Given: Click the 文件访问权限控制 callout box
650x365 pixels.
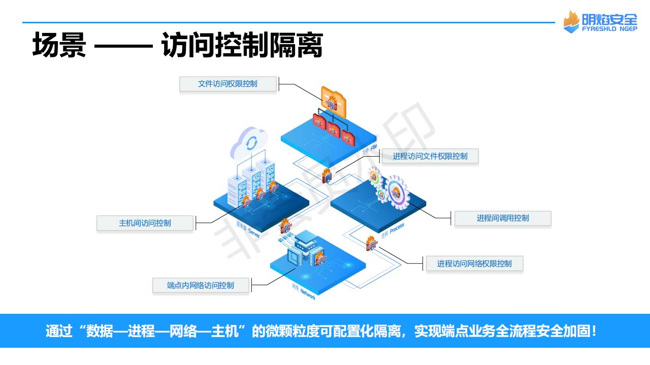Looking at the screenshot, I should tap(227, 84).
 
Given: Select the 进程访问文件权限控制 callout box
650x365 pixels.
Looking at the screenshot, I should tap(430, 156).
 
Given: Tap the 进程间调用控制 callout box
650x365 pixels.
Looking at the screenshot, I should tap(502, 218).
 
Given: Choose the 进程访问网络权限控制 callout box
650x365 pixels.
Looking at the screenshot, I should tap(474, 264).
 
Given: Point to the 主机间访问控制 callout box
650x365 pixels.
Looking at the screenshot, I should tap(145, 223).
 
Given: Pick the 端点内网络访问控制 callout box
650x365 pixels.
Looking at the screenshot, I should tap(201, 285).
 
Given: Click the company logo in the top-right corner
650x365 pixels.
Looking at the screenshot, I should tap(600, 21).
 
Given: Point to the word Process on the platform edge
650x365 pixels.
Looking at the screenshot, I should tap(397, 229).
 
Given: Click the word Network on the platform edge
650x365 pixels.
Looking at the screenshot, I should tap(308, 294).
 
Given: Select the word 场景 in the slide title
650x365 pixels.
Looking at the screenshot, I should tap(59, 46).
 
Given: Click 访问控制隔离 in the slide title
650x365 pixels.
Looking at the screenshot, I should tap(242, 46).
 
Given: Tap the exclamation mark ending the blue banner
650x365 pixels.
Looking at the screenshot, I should tap(594, 332).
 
